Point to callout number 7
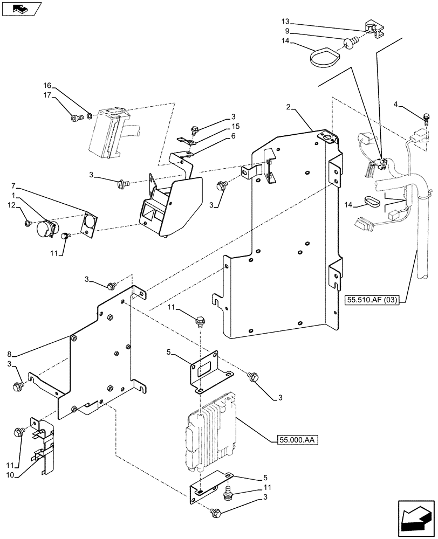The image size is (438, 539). click(x=11, y=185)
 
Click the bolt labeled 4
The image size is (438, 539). click(x=427, y=118)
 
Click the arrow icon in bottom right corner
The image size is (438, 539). click(x=416, y=519)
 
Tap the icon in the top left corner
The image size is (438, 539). click(x=22, y=9)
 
